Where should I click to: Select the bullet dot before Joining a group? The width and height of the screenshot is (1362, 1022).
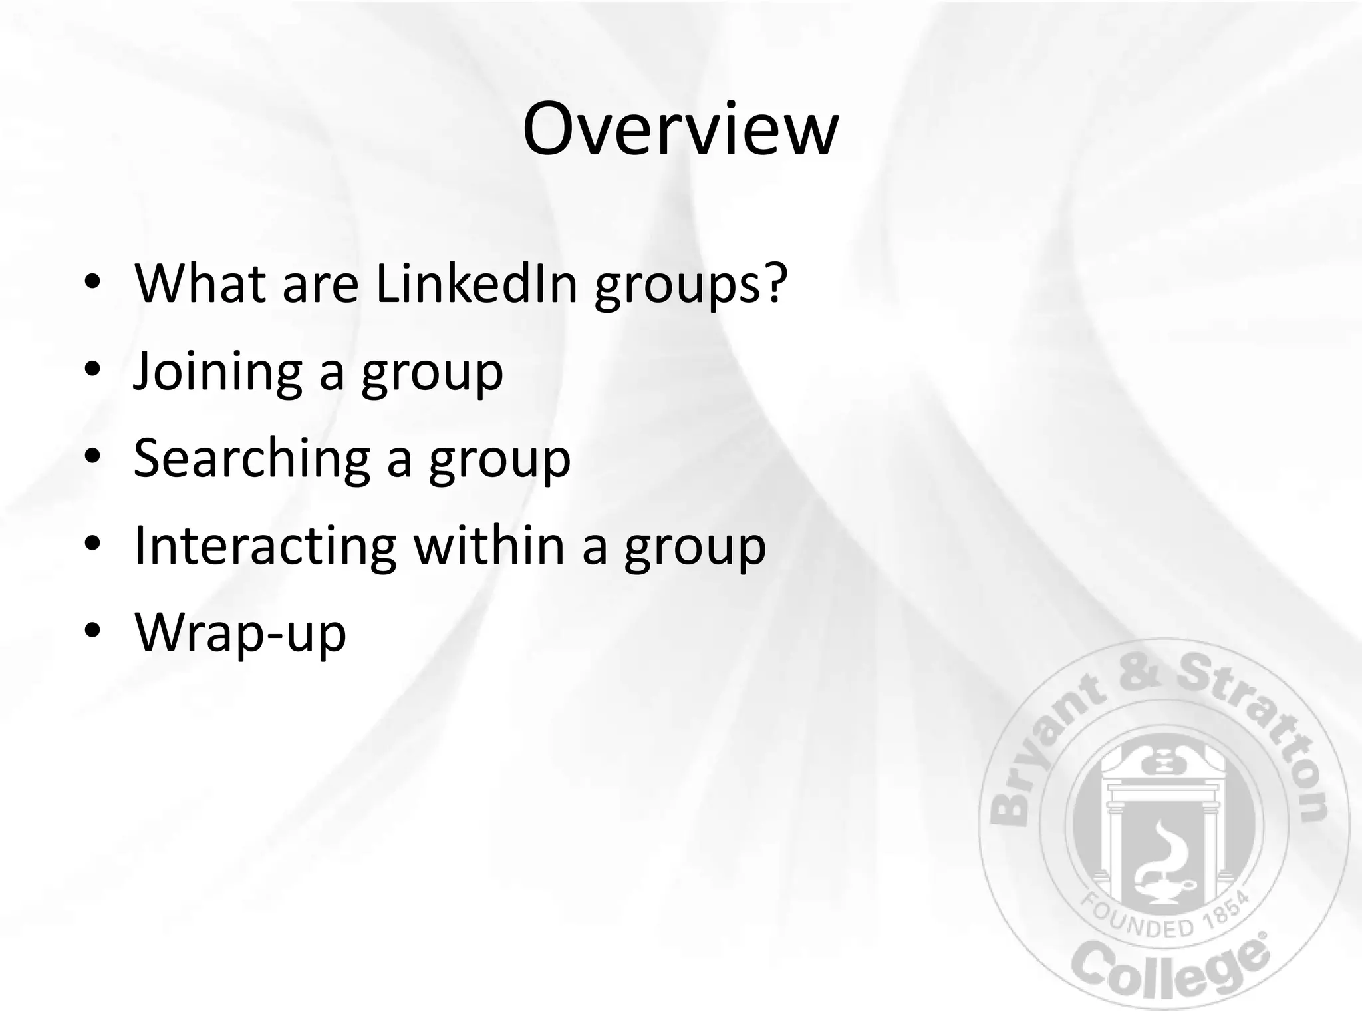click(92, 369)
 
